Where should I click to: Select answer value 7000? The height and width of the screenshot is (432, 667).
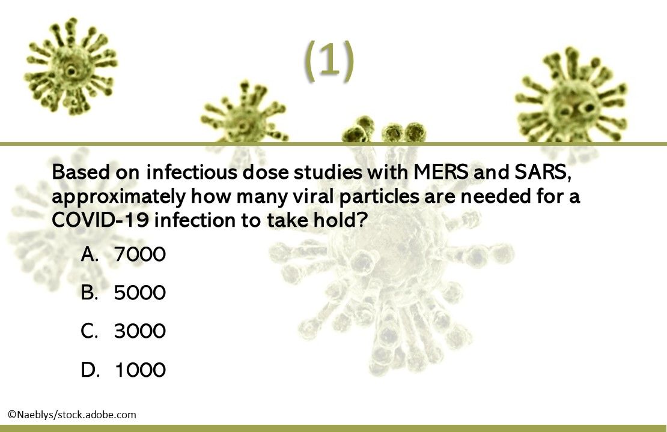[x=139, y=255]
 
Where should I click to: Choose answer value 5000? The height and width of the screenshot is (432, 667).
[x=139, y=293]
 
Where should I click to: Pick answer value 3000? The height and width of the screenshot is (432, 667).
[x=139, y=331]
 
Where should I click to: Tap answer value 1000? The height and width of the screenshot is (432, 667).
[x=139, y=370]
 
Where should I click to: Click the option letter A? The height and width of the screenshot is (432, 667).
[x=90, y=255]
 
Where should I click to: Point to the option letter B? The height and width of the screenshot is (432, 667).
[x=90, y=293]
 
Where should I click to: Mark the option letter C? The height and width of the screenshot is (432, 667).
[x=90, y=331]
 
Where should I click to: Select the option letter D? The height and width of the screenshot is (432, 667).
[x=90, y=370]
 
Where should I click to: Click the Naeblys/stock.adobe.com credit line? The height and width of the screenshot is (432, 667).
[x=72, y=415]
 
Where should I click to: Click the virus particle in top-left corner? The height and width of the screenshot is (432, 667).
[x=70, y=67]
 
